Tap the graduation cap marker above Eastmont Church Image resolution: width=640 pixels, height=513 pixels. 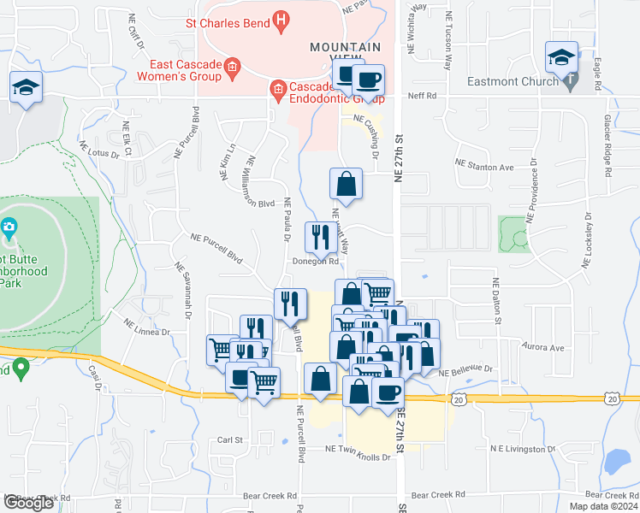click(561, 57)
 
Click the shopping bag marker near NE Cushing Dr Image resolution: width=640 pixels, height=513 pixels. click(347, 184)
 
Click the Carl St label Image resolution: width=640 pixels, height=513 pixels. click(230, 440)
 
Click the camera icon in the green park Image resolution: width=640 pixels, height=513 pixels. click(9, 227)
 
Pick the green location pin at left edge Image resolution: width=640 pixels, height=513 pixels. click(22, 369)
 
